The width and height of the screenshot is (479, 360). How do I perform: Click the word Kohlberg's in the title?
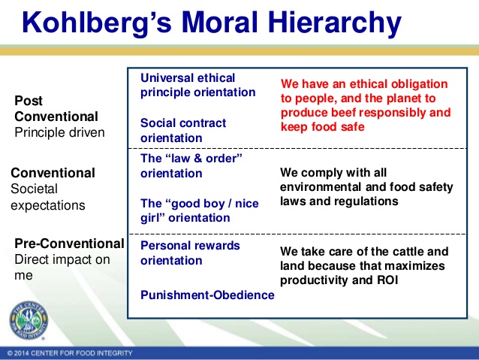(97, 23)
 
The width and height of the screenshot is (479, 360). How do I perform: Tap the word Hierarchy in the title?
(335, 23)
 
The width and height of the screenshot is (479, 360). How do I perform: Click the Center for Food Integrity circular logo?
(29, 320)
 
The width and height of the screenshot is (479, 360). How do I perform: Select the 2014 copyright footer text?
(70, 353)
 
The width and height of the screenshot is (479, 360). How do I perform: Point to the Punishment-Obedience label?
(207, 295)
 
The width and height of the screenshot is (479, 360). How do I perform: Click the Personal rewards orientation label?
(190, 253)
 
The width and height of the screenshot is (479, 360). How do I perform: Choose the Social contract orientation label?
(183, 130)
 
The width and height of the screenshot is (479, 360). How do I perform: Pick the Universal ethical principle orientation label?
(197, 85)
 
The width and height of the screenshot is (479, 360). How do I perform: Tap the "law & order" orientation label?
(191, 166)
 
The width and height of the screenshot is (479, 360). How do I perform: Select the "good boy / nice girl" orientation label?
(200, 210)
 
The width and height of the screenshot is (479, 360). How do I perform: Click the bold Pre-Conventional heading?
(69, 244)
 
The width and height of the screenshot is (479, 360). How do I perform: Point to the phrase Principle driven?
(59, 132)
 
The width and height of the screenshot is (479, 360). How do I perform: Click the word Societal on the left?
(35, 189)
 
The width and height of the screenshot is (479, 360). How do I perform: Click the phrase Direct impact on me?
(62, 268)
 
